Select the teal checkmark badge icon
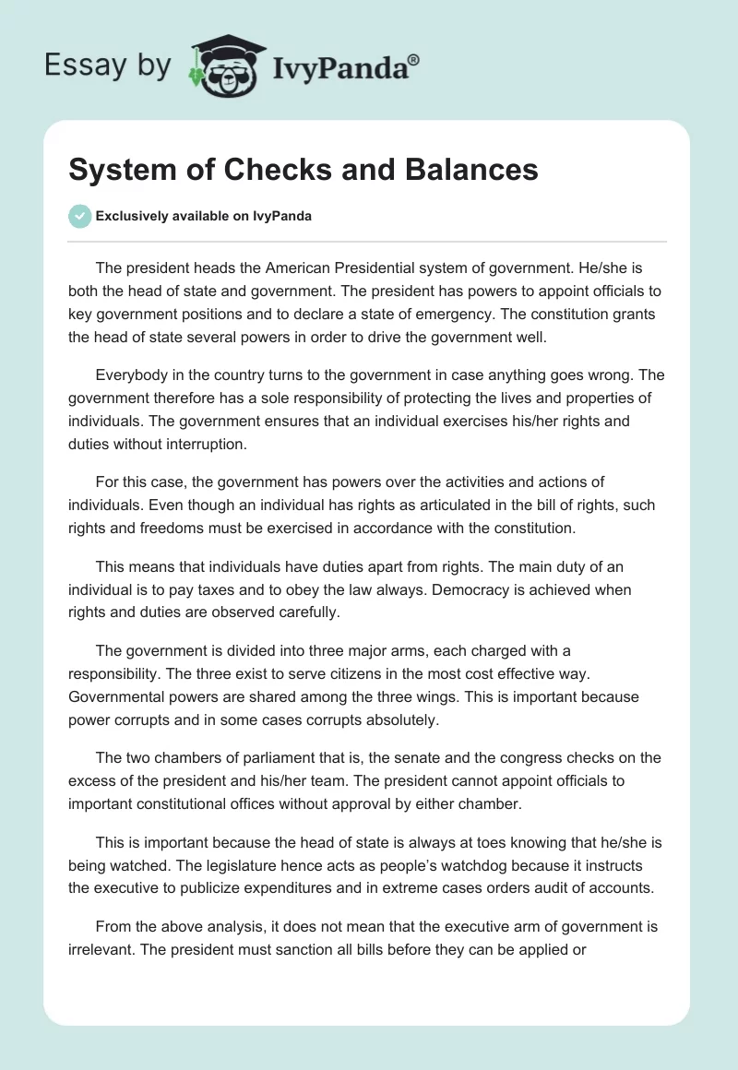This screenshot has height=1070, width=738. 80,216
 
